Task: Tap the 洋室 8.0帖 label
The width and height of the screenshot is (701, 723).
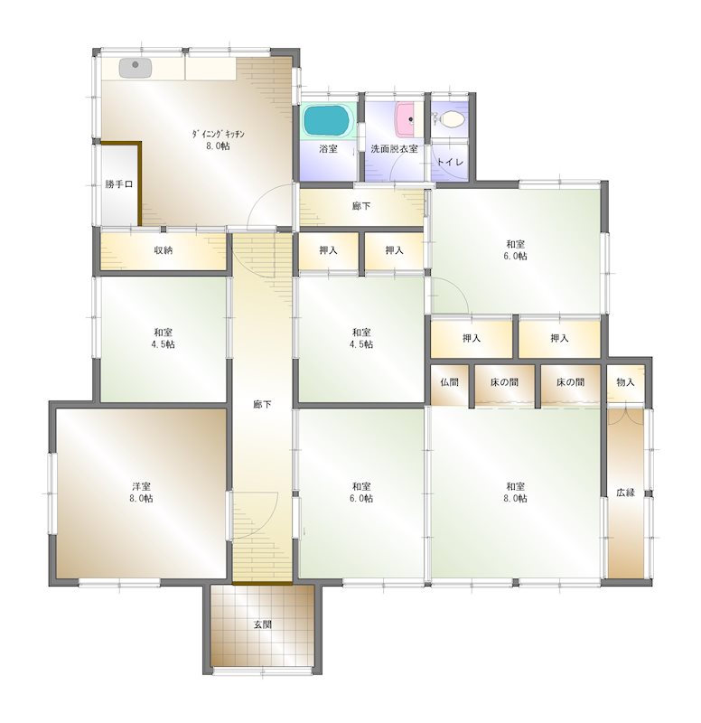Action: click(x=141, y=492)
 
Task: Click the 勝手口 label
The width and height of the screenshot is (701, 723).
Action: click(x=118, y=184)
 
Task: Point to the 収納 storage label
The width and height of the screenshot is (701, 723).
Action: click(x=163, y=250)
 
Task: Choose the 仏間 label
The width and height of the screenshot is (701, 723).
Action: click(x=450, y=382)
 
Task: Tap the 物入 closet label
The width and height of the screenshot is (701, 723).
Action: click(x=626, y=382)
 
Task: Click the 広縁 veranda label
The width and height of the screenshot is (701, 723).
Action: click(x=626, y=493)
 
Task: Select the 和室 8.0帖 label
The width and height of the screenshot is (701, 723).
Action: click(x=517, y=492)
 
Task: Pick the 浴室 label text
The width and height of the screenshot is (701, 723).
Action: click(x=328, y=148)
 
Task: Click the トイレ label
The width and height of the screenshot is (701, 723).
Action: click(x=450, y=163)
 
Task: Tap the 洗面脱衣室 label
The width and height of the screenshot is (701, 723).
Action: click(x=394, y=148)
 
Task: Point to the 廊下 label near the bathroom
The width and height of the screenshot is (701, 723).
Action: click(x=360, y=206)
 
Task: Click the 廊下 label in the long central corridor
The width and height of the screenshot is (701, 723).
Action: click(x=263, y=404)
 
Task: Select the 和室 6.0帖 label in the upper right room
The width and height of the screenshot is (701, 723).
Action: click(x=517, y=249)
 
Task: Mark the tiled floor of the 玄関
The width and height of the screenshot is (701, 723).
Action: click(x=262, y=646)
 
